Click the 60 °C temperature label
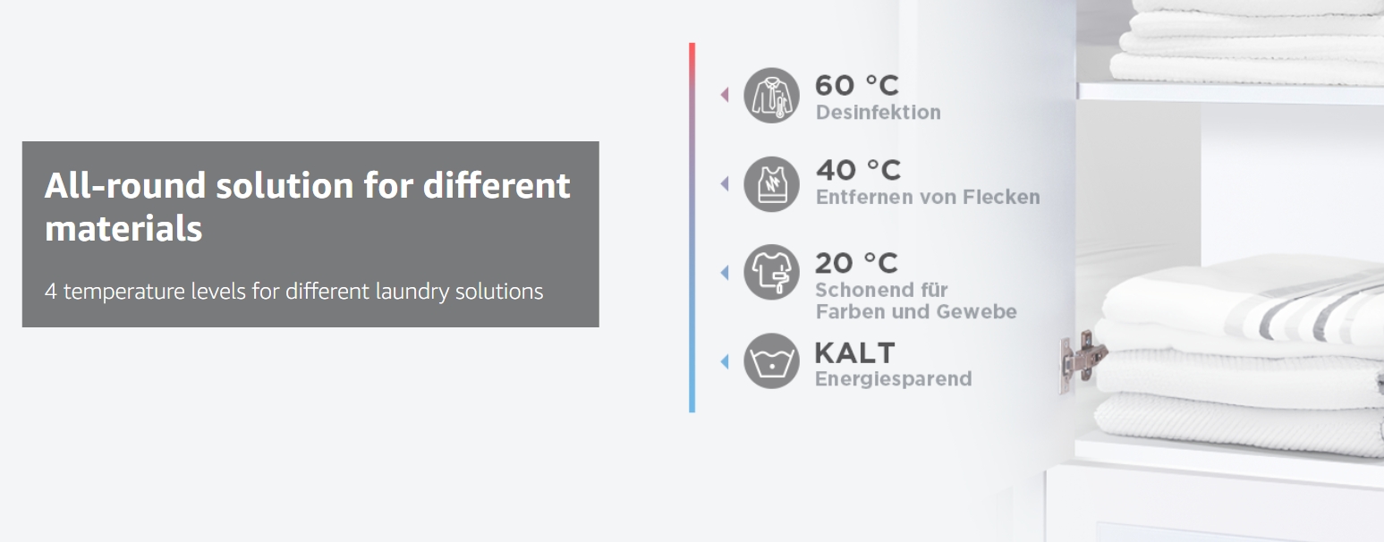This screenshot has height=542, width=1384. (857, 85)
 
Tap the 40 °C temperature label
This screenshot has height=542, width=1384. (858, 170)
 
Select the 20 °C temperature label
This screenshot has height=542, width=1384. (856, 263)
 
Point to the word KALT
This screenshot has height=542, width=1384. (854, 353)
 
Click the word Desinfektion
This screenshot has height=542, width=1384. (878, 113)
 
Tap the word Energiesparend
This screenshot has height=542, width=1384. (894, 379)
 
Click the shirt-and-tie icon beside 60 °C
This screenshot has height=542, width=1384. (771, 95)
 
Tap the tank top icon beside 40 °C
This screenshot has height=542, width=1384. (771, 184)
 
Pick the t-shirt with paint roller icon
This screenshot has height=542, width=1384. (771, 273)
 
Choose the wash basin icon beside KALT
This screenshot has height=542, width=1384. (771, 361)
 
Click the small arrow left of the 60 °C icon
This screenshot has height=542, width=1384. (725, 95)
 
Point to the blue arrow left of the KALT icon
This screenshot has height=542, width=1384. (725, 361)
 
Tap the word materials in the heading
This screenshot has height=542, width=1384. (123, 229)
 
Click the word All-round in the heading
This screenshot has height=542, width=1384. (125, 185)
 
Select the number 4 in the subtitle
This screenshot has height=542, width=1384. (51, 292)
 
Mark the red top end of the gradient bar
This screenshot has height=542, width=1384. (692, 45)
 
